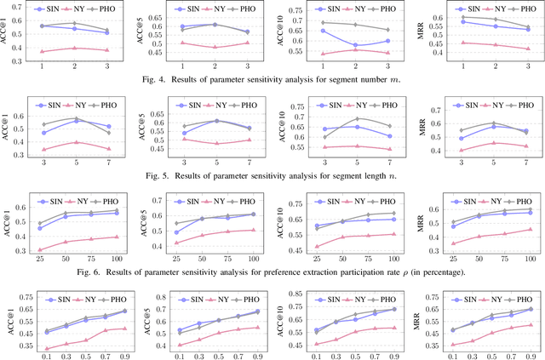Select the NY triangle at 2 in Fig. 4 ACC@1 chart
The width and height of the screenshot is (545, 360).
click(x=75, y=48)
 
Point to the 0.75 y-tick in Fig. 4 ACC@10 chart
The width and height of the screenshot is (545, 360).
click(x=297, y=7)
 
